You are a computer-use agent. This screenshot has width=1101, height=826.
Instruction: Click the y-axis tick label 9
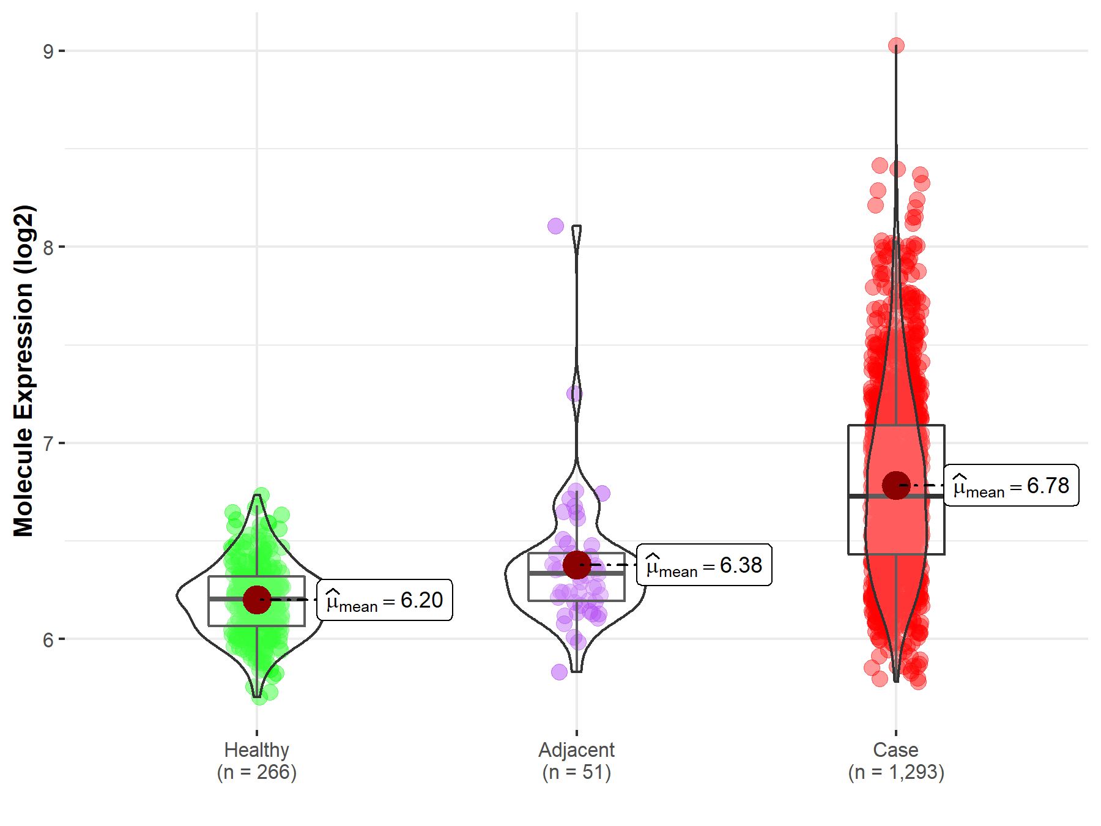(x=48, y=51)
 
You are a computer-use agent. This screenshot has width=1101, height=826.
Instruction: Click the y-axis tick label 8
(x=48, y=248)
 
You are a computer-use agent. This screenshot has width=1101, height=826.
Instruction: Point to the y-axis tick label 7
(x=48, y=444)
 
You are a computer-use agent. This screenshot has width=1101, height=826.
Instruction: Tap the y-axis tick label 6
(x=48, y=640)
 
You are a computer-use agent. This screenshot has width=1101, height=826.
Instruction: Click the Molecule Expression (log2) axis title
(x=23, y=371)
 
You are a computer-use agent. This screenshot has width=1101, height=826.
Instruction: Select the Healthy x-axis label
(x=256, y=750)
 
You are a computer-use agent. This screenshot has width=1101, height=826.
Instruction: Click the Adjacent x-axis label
(x=576, y=750)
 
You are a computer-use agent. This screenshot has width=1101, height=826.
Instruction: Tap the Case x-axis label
(x=895, y=750)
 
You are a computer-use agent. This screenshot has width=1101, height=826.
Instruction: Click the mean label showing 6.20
(x=385, y=600)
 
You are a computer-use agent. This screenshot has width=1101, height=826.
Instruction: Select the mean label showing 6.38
(x=704, y=565)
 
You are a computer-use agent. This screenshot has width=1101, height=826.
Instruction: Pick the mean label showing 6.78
(x=1011, y=486)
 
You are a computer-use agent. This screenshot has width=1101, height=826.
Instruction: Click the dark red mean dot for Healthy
(x=257, y=600)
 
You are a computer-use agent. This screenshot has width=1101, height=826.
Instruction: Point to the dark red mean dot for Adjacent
(x=576, y=565)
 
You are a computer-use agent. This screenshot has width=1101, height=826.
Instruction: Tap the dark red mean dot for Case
(x=896, y=485)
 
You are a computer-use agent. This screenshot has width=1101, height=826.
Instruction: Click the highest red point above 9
(x=896, y=46)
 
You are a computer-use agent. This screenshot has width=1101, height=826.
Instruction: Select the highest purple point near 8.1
(x=555, y=226)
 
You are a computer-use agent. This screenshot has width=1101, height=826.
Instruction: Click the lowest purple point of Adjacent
(x=559, y=672)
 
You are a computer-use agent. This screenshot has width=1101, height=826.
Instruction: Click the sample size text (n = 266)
(x=256, y=772)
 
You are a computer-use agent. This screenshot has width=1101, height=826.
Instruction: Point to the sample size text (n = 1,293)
(x=895, y=772)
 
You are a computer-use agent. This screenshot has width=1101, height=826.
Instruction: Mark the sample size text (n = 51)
(x=576, y=772)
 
